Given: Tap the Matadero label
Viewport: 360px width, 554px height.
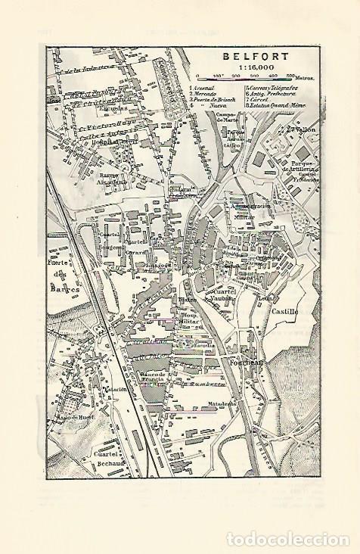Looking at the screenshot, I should coord(224,403).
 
